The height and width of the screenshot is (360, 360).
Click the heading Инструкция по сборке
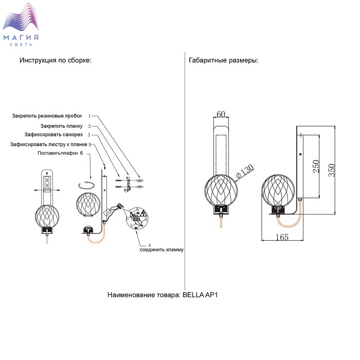56,60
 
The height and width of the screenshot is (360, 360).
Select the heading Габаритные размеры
224,60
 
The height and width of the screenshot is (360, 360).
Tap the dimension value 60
222,114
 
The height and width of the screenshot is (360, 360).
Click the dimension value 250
315,167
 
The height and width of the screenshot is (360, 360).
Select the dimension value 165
281,237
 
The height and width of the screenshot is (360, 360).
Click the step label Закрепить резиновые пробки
47,116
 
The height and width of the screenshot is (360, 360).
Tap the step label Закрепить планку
61,125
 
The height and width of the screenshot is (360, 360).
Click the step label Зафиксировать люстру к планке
48,145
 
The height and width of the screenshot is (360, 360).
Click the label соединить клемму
161,249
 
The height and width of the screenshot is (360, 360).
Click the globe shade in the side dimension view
278,191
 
